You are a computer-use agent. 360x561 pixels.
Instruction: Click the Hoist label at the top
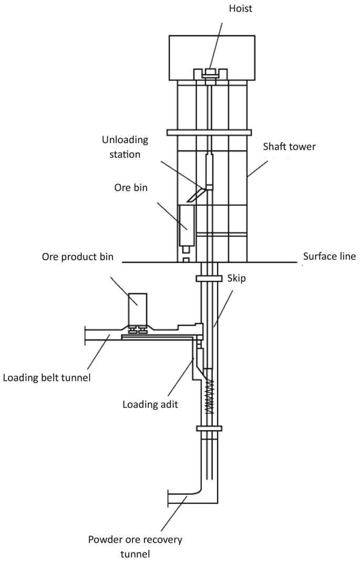pyautogui.click(x=211, y=9)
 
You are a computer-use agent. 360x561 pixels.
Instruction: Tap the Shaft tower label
pyautogui.click(x=289, y=146)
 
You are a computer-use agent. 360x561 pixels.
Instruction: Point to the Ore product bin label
pyautogui.click(x=78, y=258)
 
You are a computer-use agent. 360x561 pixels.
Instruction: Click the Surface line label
pyautogui.click(x=330, y=257)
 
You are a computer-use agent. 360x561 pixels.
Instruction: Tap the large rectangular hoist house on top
pyautogui.click(x=212, y=58)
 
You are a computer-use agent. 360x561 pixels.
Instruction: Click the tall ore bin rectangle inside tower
pyautogui.click(x=187, y=225)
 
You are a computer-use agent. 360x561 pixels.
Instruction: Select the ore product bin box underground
pyautogui.click(x=138, y=308)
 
